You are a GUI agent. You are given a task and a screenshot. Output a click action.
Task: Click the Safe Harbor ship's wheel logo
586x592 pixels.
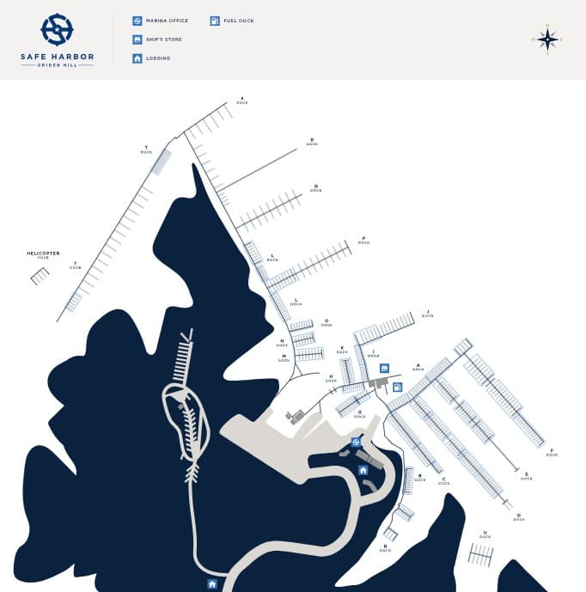57,29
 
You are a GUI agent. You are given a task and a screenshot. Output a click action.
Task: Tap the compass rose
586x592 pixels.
547,40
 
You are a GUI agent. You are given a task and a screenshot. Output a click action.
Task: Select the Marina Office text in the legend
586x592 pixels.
167,21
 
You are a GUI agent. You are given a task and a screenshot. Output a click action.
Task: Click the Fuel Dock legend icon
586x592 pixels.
215,21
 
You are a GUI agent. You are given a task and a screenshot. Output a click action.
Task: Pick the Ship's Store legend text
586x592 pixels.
164,40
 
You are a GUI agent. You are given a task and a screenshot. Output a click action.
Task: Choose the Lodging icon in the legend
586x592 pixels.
137,58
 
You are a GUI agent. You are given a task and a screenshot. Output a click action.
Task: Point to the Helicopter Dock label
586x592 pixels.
43,254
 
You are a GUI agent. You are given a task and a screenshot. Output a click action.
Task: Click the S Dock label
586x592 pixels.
242,101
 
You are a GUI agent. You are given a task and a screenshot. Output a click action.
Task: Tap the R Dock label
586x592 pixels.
312,142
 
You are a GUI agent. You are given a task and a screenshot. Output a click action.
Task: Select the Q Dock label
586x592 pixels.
315,188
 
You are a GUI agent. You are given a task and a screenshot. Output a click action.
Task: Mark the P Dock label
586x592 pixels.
363,241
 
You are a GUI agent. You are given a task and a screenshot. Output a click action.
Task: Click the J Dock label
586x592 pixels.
427,314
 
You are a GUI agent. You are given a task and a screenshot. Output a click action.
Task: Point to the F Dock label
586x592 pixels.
551,453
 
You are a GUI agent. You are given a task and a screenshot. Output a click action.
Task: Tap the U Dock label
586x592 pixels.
485,534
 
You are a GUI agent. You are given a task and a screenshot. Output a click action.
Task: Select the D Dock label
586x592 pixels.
518,517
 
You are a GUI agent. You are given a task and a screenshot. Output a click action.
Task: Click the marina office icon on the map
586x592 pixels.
356,442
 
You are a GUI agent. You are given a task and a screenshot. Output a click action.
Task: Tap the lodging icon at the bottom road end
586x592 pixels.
212,584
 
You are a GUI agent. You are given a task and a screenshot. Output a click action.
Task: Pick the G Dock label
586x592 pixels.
360,412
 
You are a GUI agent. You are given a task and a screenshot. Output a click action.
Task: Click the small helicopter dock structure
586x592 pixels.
40,276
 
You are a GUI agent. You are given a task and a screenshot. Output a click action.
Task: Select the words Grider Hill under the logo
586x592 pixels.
57,66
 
